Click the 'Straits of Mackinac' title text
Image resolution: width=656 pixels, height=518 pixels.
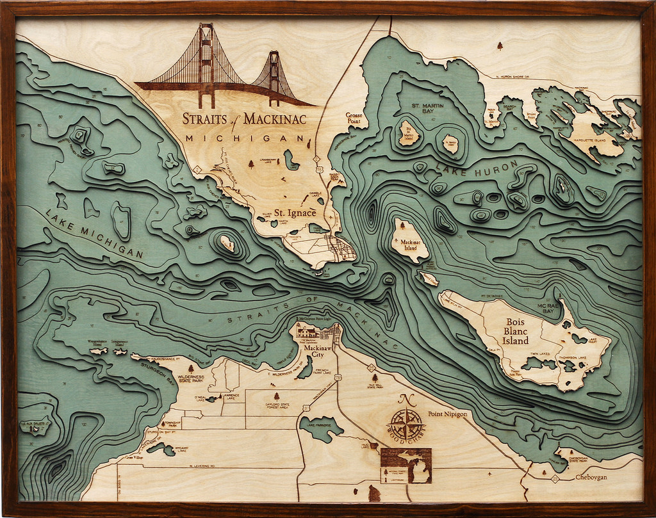(x=244, y=118)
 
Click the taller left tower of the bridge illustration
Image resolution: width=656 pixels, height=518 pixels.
(x=206, y=64)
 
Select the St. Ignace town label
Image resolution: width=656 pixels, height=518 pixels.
(x=295, y=213)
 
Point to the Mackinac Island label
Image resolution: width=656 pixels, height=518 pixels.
(x=409, y=245)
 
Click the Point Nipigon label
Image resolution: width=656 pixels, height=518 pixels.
(x=448, y=414)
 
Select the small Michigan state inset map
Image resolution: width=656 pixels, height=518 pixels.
(x=406, y=465)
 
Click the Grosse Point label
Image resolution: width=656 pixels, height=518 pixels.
(x=348, y=117)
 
